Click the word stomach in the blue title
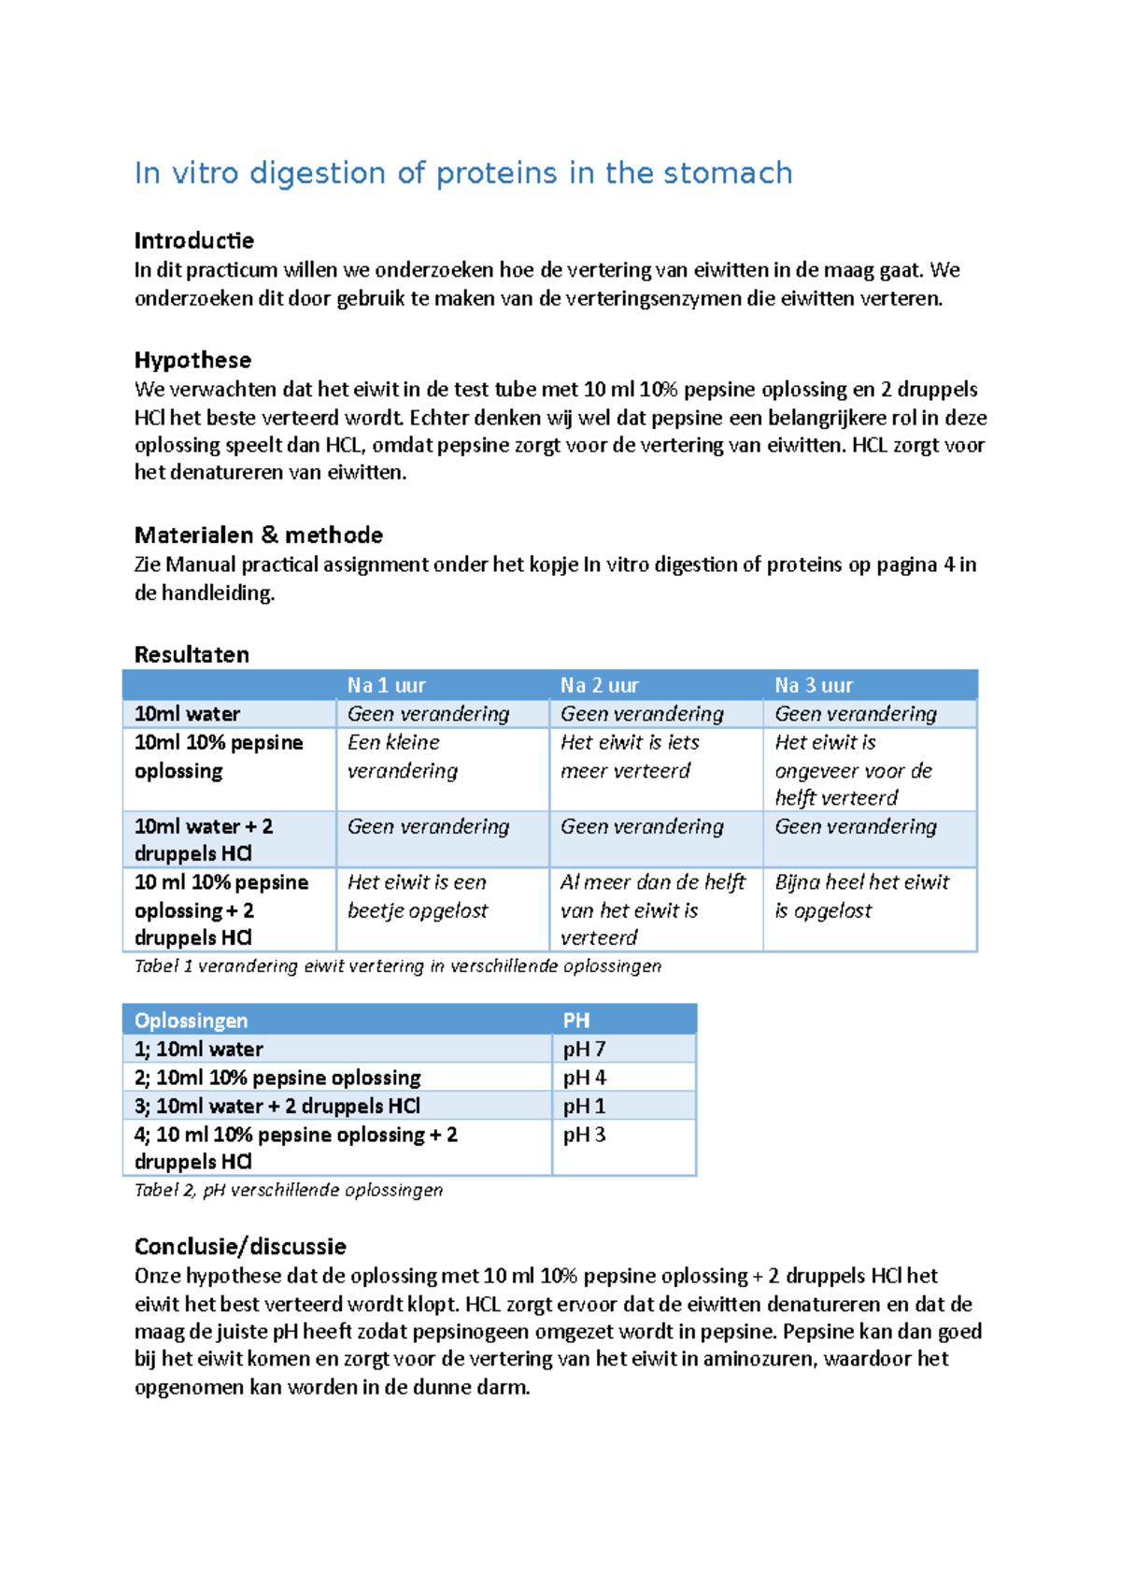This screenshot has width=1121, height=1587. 728,173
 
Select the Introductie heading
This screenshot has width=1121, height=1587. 193,241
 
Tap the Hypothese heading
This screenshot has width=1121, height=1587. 192,361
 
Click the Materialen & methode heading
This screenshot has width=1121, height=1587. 258,536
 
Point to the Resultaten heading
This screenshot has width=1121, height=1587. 192,654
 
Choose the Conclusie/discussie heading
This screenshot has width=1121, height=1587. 240,1247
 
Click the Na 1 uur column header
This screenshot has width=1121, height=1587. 386,685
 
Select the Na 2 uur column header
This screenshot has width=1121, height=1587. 599,685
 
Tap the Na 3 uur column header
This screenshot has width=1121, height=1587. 814,685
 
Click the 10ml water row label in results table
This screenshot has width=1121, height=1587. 188,714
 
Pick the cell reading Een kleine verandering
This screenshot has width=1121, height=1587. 403,756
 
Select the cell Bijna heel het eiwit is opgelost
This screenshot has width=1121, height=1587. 861,896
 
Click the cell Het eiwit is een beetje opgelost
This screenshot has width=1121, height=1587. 418,896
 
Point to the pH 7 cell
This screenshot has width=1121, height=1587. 584,1049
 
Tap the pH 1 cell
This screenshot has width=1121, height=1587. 584,1106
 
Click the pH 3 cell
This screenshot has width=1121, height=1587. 584,1135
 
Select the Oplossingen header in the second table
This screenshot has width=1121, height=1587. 192,1021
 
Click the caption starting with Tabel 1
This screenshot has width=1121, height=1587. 397,966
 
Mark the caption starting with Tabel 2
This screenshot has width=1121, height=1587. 289,1190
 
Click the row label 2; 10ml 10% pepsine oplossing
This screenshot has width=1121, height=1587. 277,1078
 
